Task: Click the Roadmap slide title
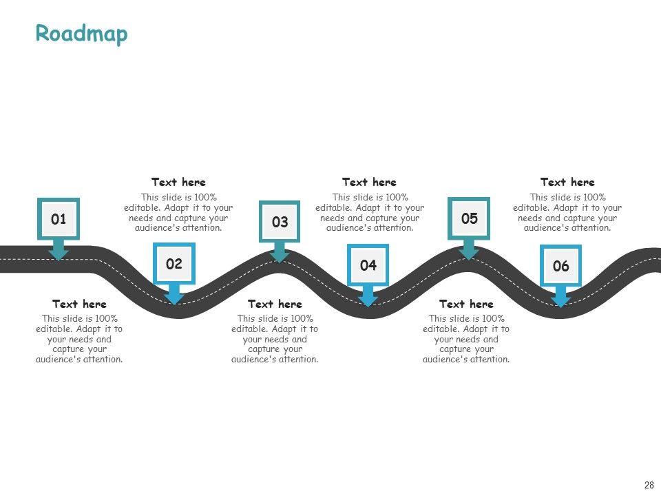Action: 81,33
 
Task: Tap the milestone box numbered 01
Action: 59,219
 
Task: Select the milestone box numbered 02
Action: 174,263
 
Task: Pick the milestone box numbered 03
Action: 280,222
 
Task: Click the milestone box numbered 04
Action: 368,265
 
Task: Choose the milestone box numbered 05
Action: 470,218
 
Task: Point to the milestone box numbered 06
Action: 560,266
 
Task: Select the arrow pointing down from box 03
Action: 280,252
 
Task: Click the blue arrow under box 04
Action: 368,296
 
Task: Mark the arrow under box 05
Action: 470,249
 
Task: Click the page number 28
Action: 649,485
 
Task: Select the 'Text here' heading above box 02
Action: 178,183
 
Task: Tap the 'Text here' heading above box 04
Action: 369,183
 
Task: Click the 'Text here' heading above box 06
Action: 567,183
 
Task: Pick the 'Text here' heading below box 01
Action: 79,304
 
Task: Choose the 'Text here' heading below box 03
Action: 275,304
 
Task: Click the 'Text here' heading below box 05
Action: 466,304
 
